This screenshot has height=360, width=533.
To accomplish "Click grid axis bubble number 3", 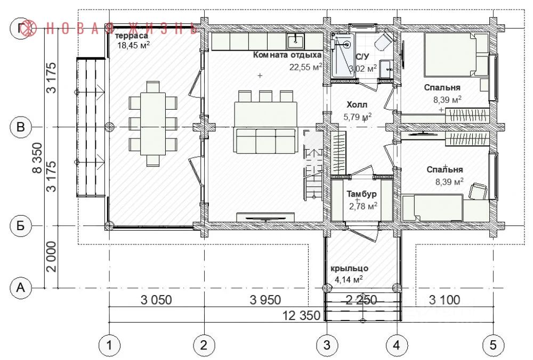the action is (327, 346).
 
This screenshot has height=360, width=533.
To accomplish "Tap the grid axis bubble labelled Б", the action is (21, 225).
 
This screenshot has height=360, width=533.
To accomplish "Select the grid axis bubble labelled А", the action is (21, 288).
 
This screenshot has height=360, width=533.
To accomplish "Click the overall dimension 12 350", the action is (302, 315).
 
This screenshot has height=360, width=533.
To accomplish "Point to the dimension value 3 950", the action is (265, 300).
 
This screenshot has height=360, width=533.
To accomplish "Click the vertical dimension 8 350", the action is (37, 158).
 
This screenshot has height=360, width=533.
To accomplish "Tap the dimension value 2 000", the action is (51, 256).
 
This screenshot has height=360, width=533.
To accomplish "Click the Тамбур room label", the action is (361, 194).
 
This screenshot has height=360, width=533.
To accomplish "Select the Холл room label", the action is (357, 104).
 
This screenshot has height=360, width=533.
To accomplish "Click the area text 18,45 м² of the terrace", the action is (134, 45).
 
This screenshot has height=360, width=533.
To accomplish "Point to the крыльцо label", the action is (349, 268).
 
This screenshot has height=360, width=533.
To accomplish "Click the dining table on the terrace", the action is (153, 124).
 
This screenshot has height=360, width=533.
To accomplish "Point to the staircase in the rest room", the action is (313, 165).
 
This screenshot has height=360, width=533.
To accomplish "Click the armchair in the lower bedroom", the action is (478, 191).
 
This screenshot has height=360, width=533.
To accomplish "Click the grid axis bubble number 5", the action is (493, 346).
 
